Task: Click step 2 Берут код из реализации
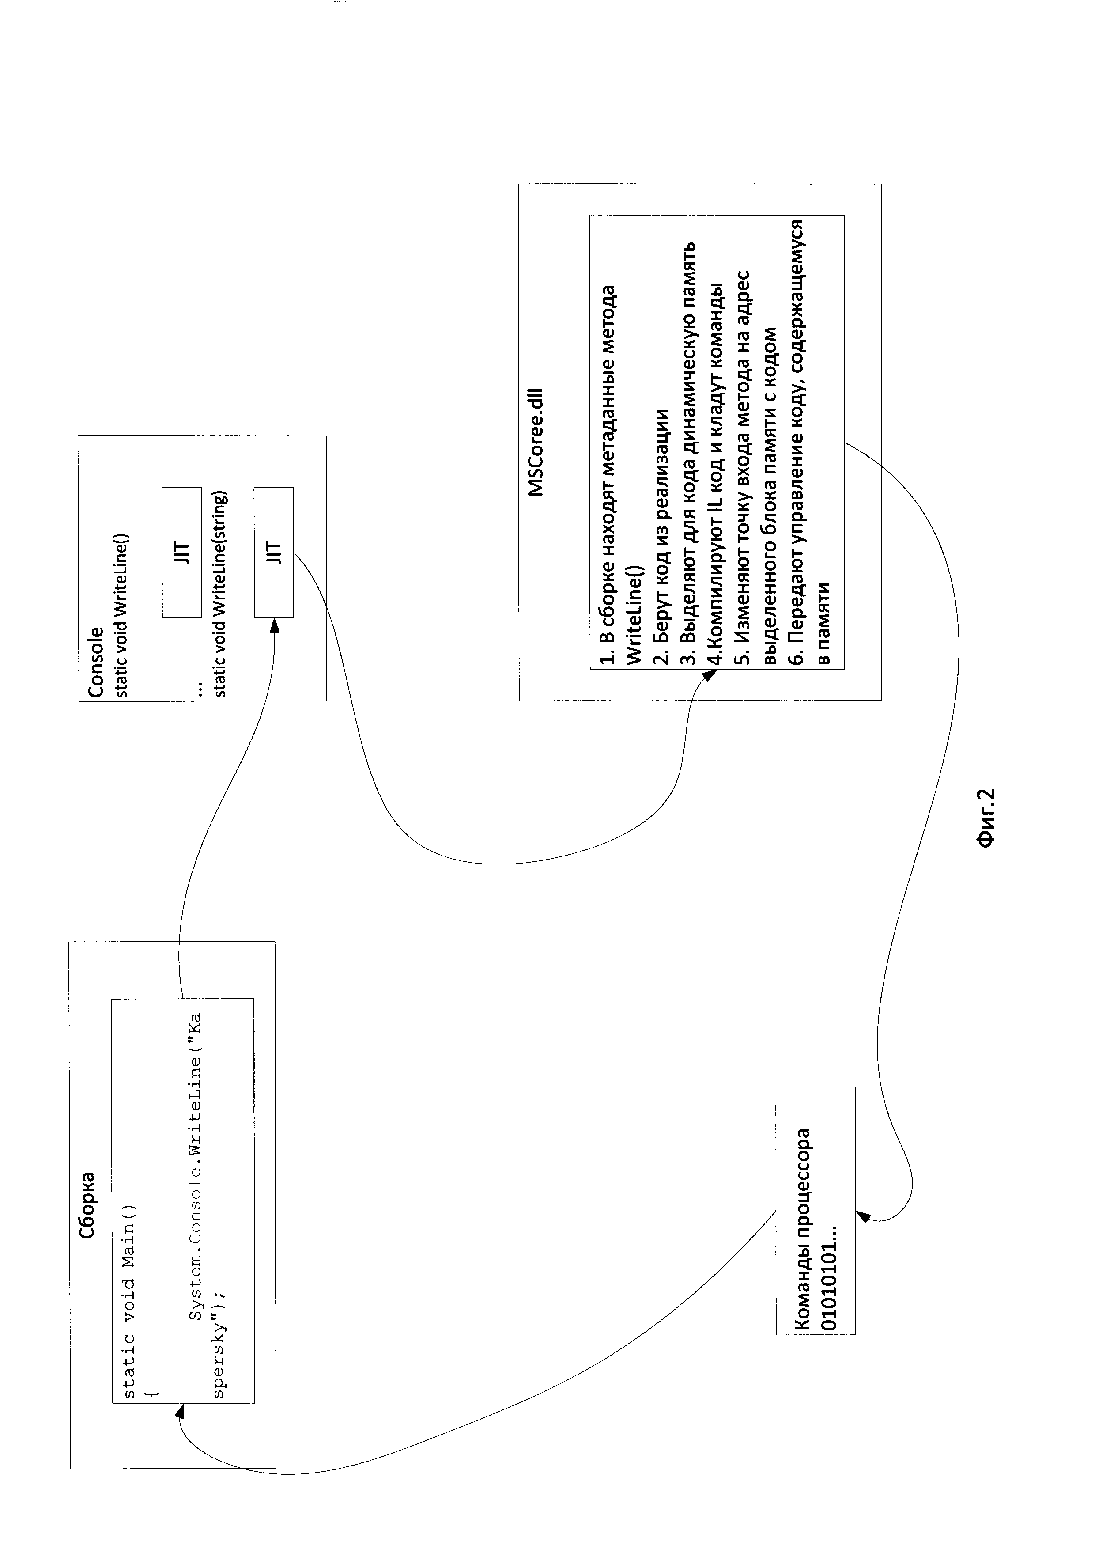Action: tap(662, 536)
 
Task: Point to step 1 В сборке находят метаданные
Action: tap(608, 476)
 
